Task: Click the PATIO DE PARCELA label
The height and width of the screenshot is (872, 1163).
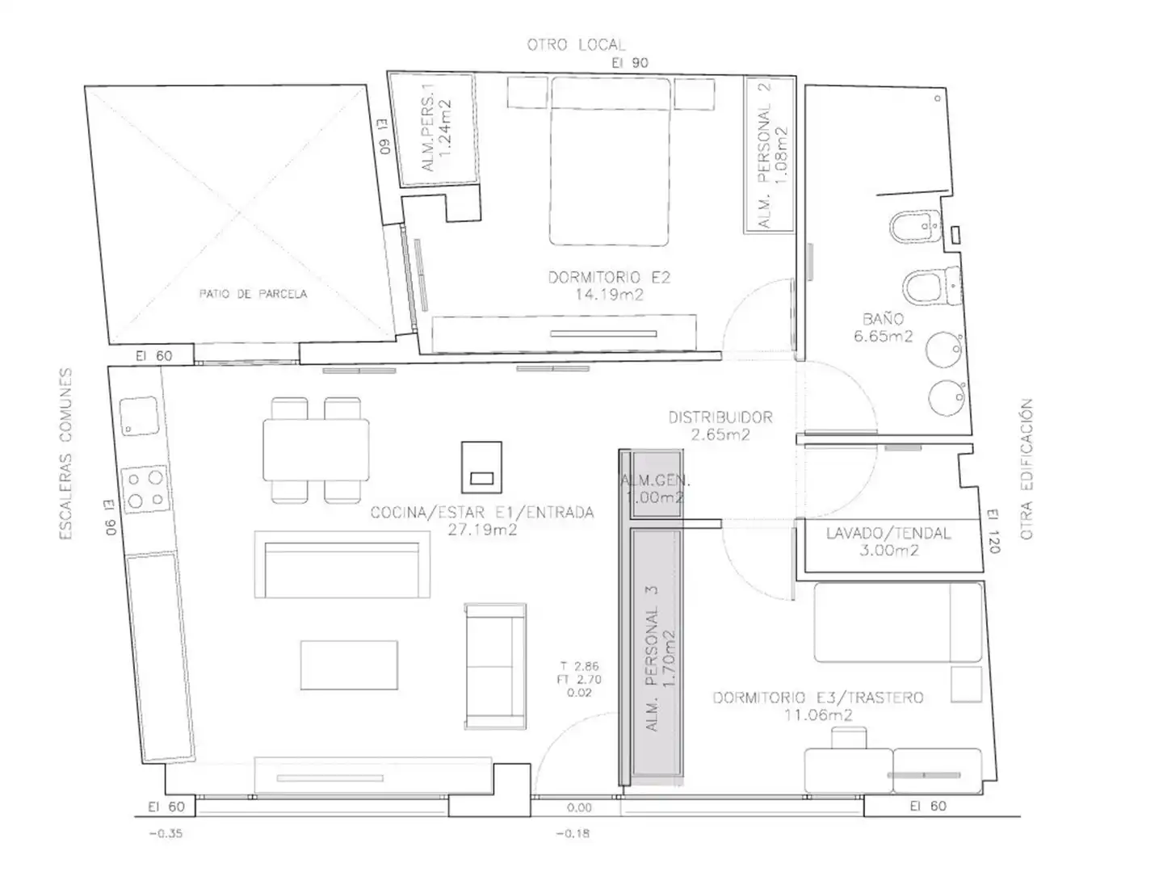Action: coord(253,294)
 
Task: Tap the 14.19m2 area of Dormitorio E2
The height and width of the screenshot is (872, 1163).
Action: coord(609,295)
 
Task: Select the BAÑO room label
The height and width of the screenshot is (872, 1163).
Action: coord(883,319)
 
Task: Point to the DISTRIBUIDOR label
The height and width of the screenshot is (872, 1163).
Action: coord(720,417)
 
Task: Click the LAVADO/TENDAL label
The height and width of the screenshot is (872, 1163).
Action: coord(888,533)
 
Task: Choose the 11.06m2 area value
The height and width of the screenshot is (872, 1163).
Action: coord(818,715)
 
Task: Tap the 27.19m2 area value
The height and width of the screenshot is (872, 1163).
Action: coord(482,530)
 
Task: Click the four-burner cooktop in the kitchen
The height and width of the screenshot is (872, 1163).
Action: coord(145,488)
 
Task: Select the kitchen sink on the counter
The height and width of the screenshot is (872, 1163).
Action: coord(140,416)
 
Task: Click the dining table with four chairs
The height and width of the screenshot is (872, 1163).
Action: coord(316,450)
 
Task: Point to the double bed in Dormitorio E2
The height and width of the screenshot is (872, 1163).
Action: coord(610,161)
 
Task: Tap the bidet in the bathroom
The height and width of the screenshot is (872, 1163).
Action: coord(916,227)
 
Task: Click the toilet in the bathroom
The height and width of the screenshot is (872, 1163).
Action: coord(931,287)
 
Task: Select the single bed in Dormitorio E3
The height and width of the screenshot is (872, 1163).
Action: coord(898,622)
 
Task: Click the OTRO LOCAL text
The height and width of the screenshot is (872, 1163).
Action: coord(576,45)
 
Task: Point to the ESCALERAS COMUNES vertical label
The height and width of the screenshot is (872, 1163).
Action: coord(65,455)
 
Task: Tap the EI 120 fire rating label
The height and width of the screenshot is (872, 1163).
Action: coord(993,531)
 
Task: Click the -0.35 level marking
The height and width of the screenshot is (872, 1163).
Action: coord(166,834)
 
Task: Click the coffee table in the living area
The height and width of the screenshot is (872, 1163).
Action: coord(349,665)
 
